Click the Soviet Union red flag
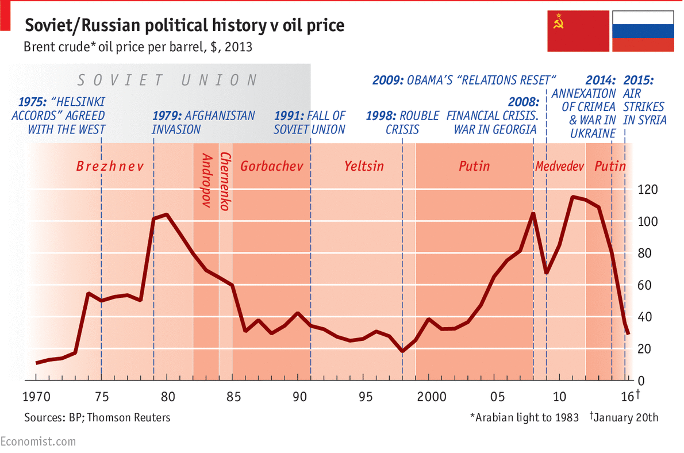click(578, 32)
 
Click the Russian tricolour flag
click(643, 32)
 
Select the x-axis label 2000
click(432, 397)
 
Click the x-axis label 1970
click(36, 397)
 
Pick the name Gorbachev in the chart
click(271, 167)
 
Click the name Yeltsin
click(364, 167)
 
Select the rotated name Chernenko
click(226, 181)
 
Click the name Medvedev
click(559, 167)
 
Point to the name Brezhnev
click(109, 167)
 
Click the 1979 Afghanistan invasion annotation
click(203, 122)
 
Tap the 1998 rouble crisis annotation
click(402, 122)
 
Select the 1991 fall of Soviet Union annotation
click(309, 122)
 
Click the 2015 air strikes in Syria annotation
click(644, 100)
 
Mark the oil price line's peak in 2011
click(572, 197)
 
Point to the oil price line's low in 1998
click(402, 351)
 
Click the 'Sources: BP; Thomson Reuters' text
click(97, 417)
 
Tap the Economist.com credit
click(38, 442)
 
